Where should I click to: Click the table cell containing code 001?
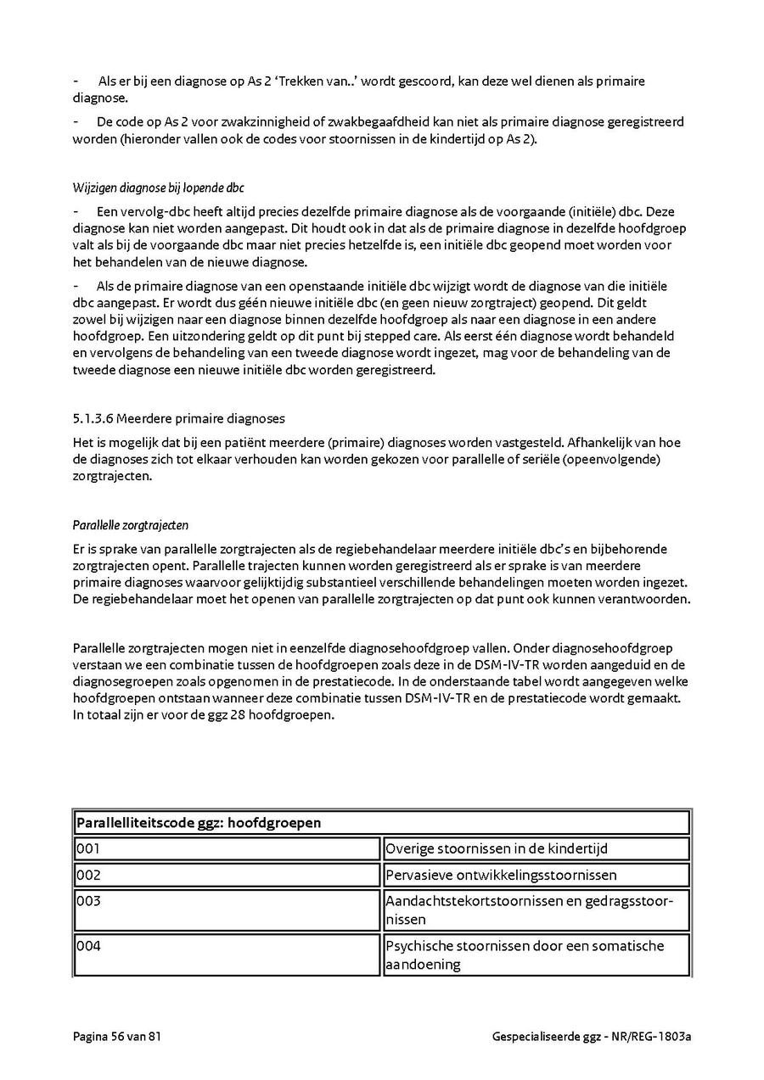227,848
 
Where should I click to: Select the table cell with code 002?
227,875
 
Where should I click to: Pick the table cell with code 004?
227,954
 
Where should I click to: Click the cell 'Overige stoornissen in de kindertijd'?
536,848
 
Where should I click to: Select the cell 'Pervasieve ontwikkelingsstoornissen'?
536,875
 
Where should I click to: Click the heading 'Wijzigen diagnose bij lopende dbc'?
159,187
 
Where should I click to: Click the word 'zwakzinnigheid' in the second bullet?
225,122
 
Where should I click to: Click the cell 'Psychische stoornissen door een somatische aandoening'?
536,954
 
